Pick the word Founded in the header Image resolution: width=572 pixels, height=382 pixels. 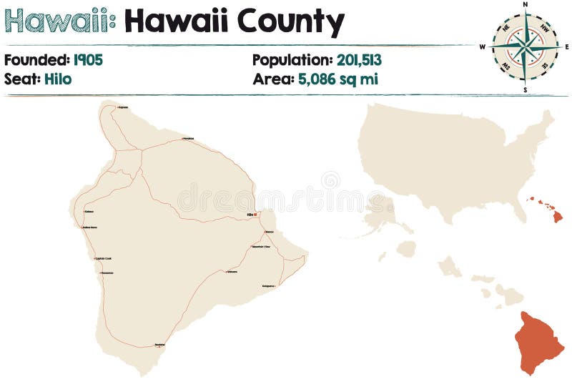point(36,59)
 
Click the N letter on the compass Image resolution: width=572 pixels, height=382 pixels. point(526,4)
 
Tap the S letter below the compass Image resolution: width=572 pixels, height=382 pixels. point(526,90)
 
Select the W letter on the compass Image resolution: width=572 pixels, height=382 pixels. point(483,47)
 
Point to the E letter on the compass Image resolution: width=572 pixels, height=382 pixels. point(567,47)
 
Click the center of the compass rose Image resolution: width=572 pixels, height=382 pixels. point(526,47)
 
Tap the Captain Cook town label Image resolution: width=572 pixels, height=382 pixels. point(104,258)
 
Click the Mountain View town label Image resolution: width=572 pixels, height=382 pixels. point(261,247)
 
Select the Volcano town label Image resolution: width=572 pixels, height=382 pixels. point(232,272)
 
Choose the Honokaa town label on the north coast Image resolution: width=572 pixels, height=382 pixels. point(187,138)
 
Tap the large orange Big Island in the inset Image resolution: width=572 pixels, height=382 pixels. point(540,340)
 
